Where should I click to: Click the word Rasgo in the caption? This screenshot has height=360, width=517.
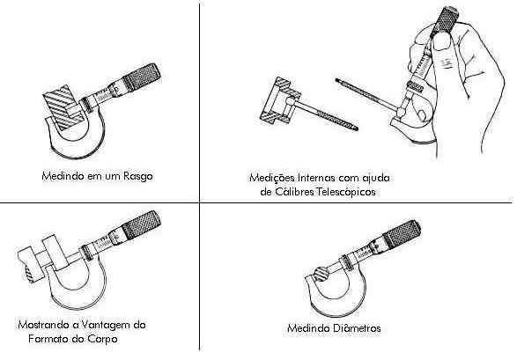tap(137, 177)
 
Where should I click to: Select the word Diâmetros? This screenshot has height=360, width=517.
tap(357, 328)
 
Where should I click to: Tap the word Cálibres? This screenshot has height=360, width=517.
tap(294, 192)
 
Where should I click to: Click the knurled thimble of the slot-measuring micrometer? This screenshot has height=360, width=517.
tap(142, 77)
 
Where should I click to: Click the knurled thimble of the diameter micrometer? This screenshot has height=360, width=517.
tap(402, 234)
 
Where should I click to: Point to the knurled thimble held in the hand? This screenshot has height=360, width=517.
tap(444, 20)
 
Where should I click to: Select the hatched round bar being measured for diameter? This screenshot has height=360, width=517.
tap(321, 274)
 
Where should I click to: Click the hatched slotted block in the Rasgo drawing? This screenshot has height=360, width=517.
tap(63, 107)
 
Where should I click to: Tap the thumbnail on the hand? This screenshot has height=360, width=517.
tap(441, 41)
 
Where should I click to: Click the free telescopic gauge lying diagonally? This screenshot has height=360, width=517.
tap(346, 105)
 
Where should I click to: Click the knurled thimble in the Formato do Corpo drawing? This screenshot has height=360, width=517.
tap(142, 225)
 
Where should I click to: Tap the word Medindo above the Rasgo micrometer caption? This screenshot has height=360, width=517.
tap(63, 176)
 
